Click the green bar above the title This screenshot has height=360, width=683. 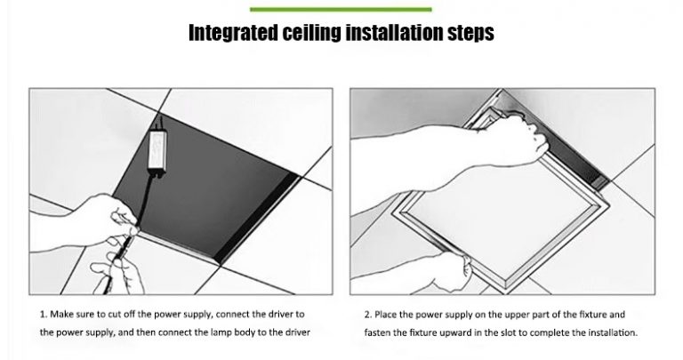click(x=341, y=9)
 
